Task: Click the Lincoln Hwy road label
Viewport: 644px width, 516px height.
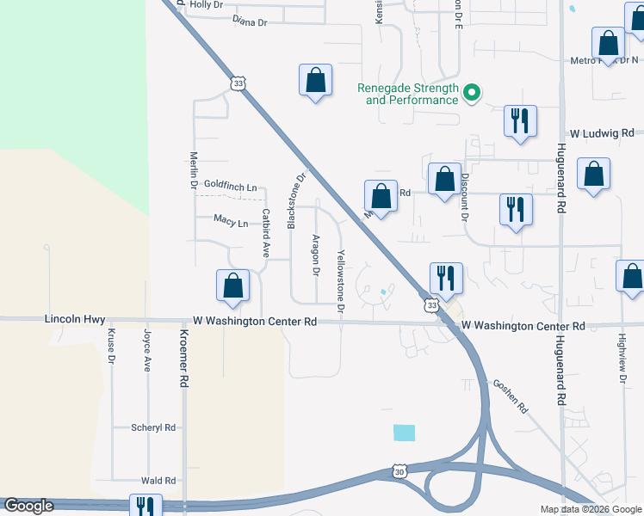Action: click(74, 319)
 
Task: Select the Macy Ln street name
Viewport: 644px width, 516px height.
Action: click(231, 222)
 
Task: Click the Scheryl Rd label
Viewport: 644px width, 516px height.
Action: click(153, 427)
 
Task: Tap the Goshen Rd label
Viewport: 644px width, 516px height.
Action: click(510, 397)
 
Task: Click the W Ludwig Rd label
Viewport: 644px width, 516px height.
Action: click(602, 133)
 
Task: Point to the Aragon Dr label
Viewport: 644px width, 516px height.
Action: click(316, 255)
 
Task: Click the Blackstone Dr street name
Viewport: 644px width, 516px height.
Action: click(296, 202)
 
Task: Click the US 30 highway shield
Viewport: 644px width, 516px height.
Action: click(399, 471)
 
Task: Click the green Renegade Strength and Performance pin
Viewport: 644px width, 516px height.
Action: click(472, 93)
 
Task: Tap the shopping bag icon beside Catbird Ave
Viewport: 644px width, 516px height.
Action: click(232, 286)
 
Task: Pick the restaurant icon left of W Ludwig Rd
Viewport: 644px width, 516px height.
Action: click(520, 121)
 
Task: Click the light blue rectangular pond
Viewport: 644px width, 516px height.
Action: click(404, 433)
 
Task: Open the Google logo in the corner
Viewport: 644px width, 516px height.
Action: click(28, 506)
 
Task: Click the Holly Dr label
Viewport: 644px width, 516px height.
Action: click(207, 4)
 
